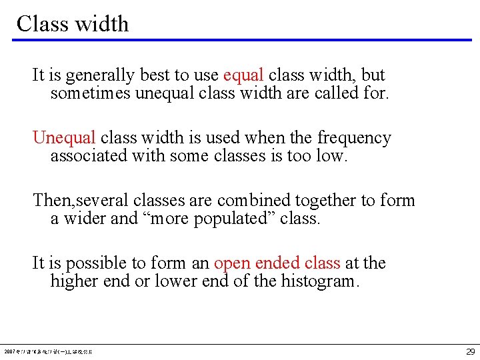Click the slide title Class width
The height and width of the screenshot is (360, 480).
click(72, 24)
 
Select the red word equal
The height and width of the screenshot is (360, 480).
click(243, 75)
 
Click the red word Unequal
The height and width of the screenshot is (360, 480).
click(65, 138)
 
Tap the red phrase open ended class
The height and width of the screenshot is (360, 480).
click(277, 263)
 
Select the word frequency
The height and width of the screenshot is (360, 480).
click(354, 138)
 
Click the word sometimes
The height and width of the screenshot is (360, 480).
click(91, 93)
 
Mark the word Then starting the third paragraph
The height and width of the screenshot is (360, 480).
click(47, 201)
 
